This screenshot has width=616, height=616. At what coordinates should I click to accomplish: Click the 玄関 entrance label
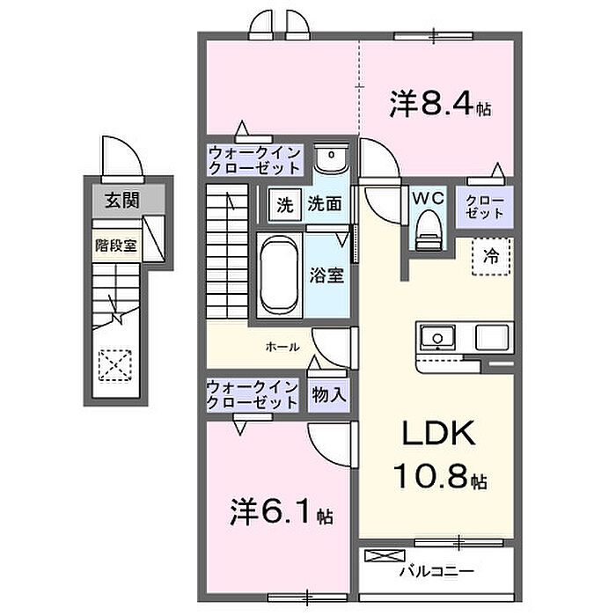121,201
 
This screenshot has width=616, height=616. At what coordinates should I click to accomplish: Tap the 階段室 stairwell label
116,246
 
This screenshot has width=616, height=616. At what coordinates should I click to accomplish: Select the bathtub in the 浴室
279,275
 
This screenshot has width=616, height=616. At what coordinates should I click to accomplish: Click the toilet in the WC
429,231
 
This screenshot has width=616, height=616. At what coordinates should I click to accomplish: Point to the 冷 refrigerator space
492,256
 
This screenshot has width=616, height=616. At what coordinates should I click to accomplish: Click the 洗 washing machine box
285,205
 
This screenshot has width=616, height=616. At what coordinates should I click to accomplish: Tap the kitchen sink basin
437,337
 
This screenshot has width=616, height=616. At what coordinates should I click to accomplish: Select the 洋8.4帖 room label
440,104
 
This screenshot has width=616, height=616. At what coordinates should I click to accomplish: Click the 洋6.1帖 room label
282,512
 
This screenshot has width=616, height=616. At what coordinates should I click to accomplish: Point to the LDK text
438,433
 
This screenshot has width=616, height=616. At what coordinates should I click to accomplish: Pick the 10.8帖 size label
440,476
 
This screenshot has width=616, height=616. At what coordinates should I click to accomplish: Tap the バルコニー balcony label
436,571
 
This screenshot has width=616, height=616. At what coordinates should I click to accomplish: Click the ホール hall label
282,347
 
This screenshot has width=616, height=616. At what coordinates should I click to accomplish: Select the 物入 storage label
329,395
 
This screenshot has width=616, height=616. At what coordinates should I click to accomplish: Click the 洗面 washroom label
324,204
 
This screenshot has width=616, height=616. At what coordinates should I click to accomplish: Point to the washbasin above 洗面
332,158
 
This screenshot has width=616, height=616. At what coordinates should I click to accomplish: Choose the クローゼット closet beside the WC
484,207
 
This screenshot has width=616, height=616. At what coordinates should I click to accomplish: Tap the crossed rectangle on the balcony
385,555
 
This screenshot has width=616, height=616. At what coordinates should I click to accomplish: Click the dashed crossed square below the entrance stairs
115,365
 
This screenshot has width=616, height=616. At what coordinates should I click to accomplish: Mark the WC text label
428,198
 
